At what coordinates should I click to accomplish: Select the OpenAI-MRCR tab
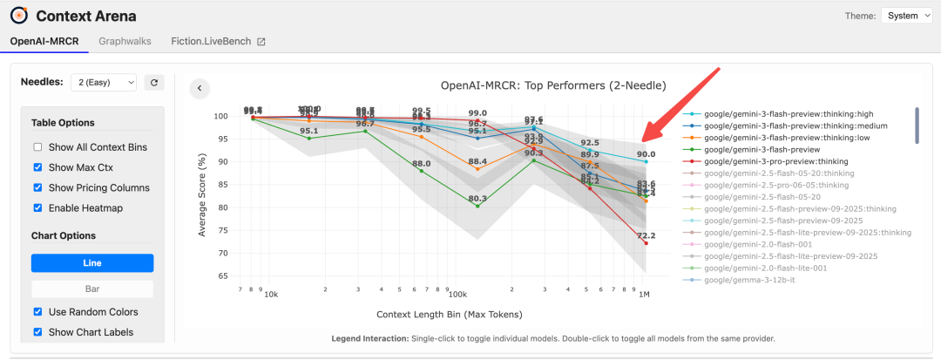coord(45,41)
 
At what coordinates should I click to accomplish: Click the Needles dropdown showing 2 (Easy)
coord(103,82)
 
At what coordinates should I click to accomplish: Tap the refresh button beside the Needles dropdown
coord(154,82)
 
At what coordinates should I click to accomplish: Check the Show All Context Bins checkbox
coord(37,146)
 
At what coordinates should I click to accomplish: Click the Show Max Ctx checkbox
coord(37,167)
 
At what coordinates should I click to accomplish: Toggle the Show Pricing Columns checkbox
coord(37,187)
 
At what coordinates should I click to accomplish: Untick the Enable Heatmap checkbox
coord(37,207)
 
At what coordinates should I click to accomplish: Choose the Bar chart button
coord(92,289)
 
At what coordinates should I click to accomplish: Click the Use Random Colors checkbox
coord(37,312)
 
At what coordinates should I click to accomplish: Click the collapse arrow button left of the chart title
coord(200,87)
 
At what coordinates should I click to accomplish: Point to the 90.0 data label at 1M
coord(646,154)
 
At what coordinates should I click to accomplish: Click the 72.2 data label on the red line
coord(647,236)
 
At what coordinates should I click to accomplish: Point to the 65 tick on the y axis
coord(221,275)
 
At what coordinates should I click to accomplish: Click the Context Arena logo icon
coord(18,16)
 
